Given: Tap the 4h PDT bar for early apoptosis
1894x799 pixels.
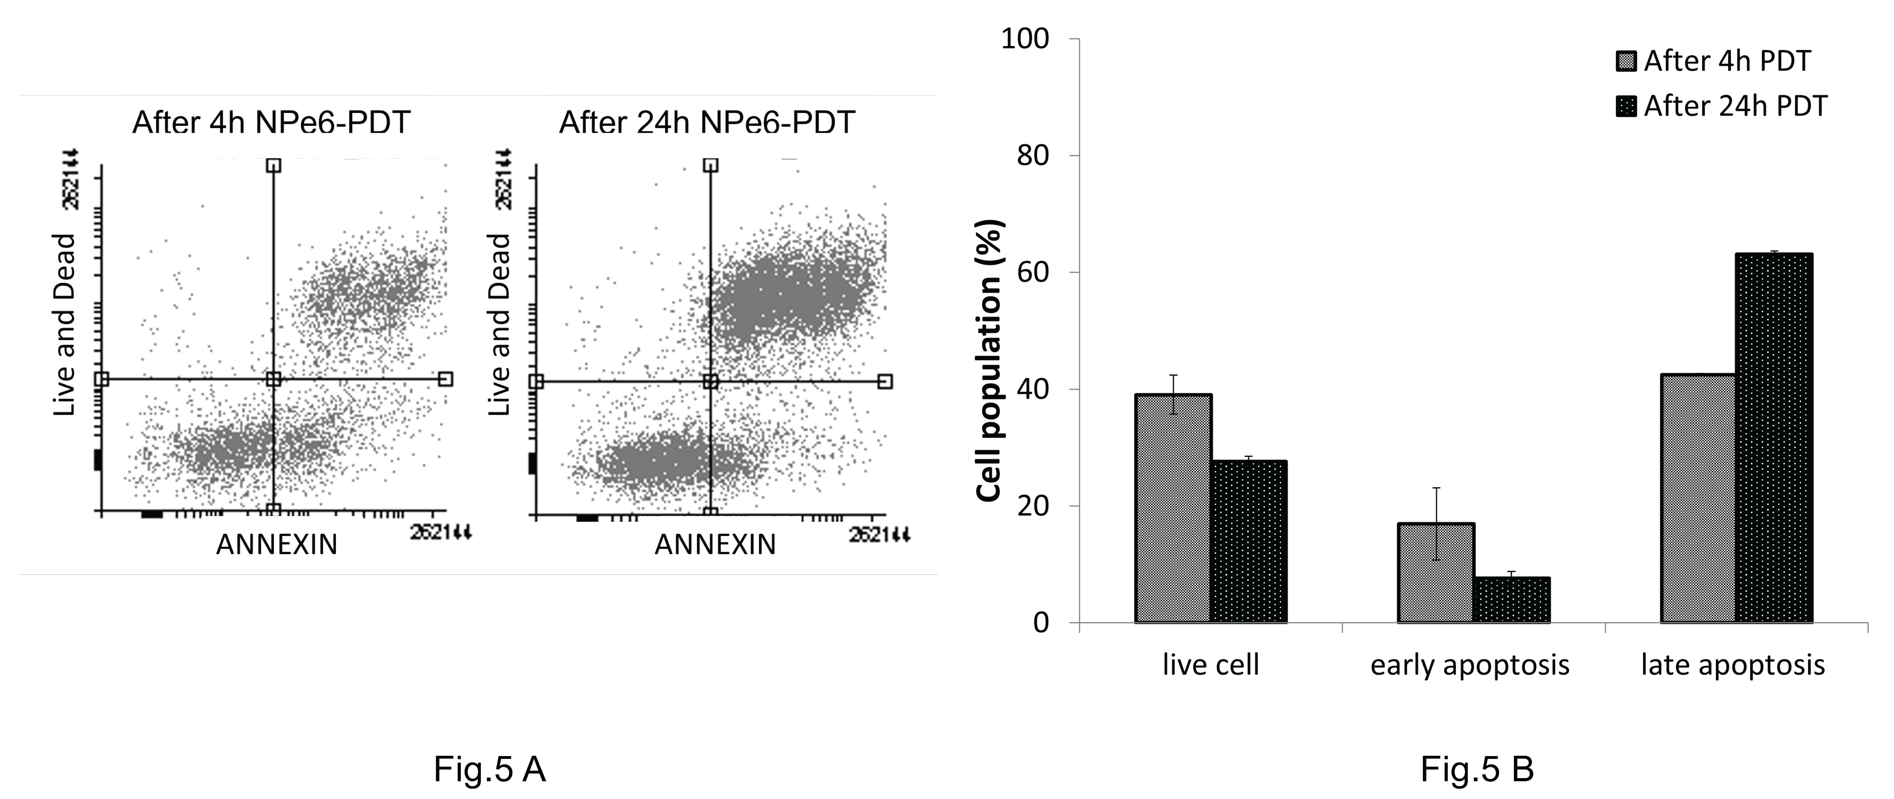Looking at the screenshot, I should (x=1436, y=573).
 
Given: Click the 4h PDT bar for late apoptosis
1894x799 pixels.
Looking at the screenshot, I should (x=1699, y=498).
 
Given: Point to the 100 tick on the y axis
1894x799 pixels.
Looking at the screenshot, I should (x=1025, y=39).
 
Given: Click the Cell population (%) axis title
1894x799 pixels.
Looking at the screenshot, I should (x=990, y=360).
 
